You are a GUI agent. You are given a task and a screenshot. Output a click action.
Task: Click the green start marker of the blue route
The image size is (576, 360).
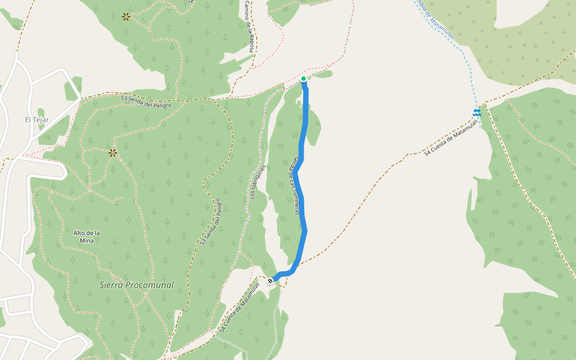click(x=304, y=79)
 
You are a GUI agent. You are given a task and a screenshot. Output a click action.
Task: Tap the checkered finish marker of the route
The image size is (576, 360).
click(x=271, y=280)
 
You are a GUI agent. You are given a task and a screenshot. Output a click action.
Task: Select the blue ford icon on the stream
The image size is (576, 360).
click(x=476, y=112)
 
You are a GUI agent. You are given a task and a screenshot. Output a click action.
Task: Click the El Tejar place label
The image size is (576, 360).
click(x=37, y=119)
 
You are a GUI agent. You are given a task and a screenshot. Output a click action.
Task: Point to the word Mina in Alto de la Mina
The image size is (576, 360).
click(x=87, y=240)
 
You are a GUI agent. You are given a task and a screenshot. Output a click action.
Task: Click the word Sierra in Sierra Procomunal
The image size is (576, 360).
click(x=112, y=285)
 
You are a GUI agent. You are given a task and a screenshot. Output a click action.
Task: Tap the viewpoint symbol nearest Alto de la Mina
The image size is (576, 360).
click(x=112, y=153)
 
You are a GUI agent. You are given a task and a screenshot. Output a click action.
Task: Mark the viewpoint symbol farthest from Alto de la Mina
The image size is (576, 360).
click(x=126, y=17)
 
